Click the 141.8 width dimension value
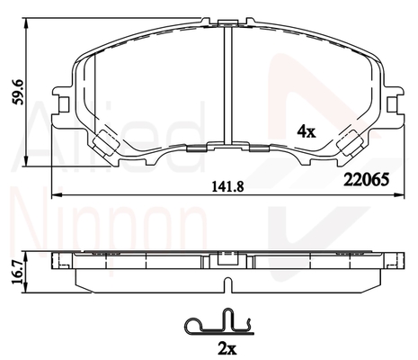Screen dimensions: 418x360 pyautogui.click(x=228, y=187)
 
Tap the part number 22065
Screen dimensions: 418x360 pyautogui.click(x=366, y=180)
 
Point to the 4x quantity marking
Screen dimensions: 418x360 pyautogui.click(x=307, y=131)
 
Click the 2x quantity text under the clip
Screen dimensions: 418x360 pyautogui.click(x=227, y=348)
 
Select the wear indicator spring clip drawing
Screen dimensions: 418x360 pyautogui.click(x=219, y=322)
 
